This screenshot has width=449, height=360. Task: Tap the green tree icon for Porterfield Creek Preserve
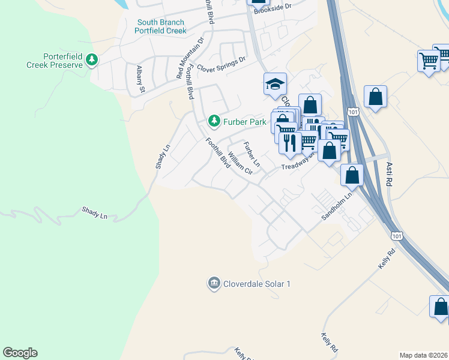pyautogui.click(x=91, y=59)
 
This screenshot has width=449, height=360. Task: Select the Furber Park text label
pyautogui.click(x=244, y=122)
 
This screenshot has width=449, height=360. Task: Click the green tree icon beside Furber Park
pyautogui.click(x=214, y=122)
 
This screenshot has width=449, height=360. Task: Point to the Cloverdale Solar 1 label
pyautogui.click(x=257, y=283)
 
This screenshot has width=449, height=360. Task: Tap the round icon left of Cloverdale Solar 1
pyautogui.click(x=214, y=283)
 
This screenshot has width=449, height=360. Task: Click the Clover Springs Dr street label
pyautogui.click(x=221, y=64)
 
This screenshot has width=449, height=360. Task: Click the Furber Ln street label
pyautogui.click(x=252, y=154)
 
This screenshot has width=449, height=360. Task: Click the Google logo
pyautogui.click(x=20, y=353)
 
